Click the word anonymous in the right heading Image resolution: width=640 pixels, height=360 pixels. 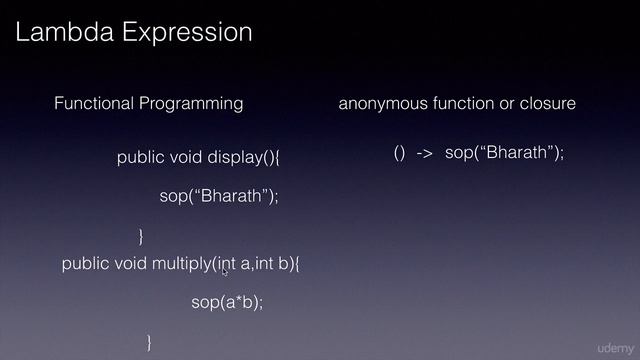(383, 103)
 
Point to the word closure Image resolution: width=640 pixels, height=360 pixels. (547, 103)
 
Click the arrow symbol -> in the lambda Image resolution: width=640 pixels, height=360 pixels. (424, 153)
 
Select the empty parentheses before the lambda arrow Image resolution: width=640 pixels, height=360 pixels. (399, 153)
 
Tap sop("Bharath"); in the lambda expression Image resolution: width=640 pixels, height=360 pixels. (505, 153)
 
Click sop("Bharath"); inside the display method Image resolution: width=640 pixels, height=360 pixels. (218, 196)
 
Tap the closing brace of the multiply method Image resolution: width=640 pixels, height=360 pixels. (150, 342)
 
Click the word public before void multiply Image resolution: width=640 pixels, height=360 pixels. (86, 264)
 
